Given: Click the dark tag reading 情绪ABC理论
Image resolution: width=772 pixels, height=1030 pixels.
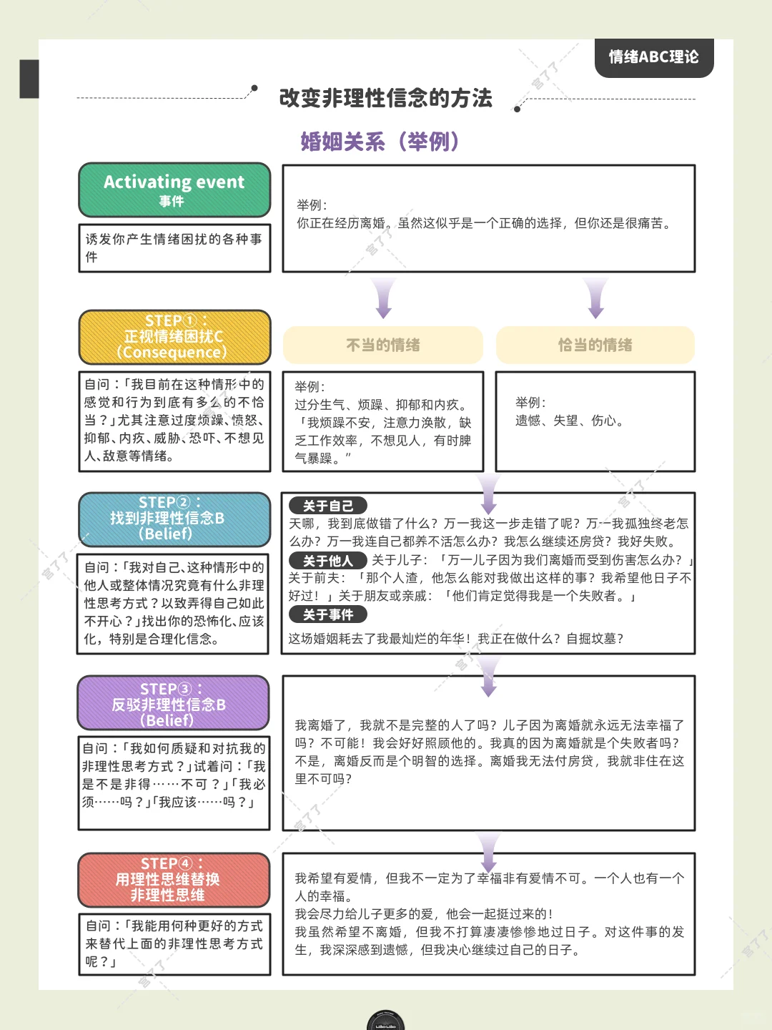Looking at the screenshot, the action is (654, 57).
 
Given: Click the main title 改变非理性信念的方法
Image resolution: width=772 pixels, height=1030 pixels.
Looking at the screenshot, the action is (386, 98).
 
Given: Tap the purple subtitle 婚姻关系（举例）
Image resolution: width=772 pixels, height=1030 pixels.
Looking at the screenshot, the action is (380, 141).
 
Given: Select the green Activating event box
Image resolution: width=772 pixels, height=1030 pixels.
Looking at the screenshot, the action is (174, 190).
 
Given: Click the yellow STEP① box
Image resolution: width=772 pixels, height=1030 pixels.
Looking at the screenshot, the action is (174, 337).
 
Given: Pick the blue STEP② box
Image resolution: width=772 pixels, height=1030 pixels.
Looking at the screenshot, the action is (174, 519).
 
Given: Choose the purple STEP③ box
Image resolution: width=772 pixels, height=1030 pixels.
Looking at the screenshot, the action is (174, 702).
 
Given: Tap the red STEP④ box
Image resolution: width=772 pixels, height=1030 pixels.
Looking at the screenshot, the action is (174, 880).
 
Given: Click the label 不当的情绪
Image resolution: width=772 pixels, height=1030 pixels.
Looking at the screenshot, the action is (383, 345).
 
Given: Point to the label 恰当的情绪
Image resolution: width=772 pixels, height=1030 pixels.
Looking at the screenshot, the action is (595, 345).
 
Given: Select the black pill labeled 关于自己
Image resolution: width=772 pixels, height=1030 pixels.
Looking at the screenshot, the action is (327, 506).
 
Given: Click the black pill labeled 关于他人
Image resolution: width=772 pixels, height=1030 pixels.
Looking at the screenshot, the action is (327, 560).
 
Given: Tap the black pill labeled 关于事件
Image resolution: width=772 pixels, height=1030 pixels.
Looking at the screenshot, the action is (327, 614).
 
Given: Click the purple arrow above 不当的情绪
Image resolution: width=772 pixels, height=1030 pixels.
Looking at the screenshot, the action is (383, 298).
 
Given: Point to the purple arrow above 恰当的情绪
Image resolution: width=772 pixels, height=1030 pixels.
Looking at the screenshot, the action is (595, 298).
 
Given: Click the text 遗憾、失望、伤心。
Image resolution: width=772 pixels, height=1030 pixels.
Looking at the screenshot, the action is (570, 421).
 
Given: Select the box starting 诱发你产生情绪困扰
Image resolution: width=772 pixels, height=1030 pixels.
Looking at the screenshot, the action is (174, 248).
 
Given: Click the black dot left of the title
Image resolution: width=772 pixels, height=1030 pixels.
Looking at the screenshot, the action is (254, 88).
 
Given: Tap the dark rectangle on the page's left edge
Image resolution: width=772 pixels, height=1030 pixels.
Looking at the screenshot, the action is (29, 79).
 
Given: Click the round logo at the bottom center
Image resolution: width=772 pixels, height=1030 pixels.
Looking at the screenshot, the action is (385, 1021).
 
